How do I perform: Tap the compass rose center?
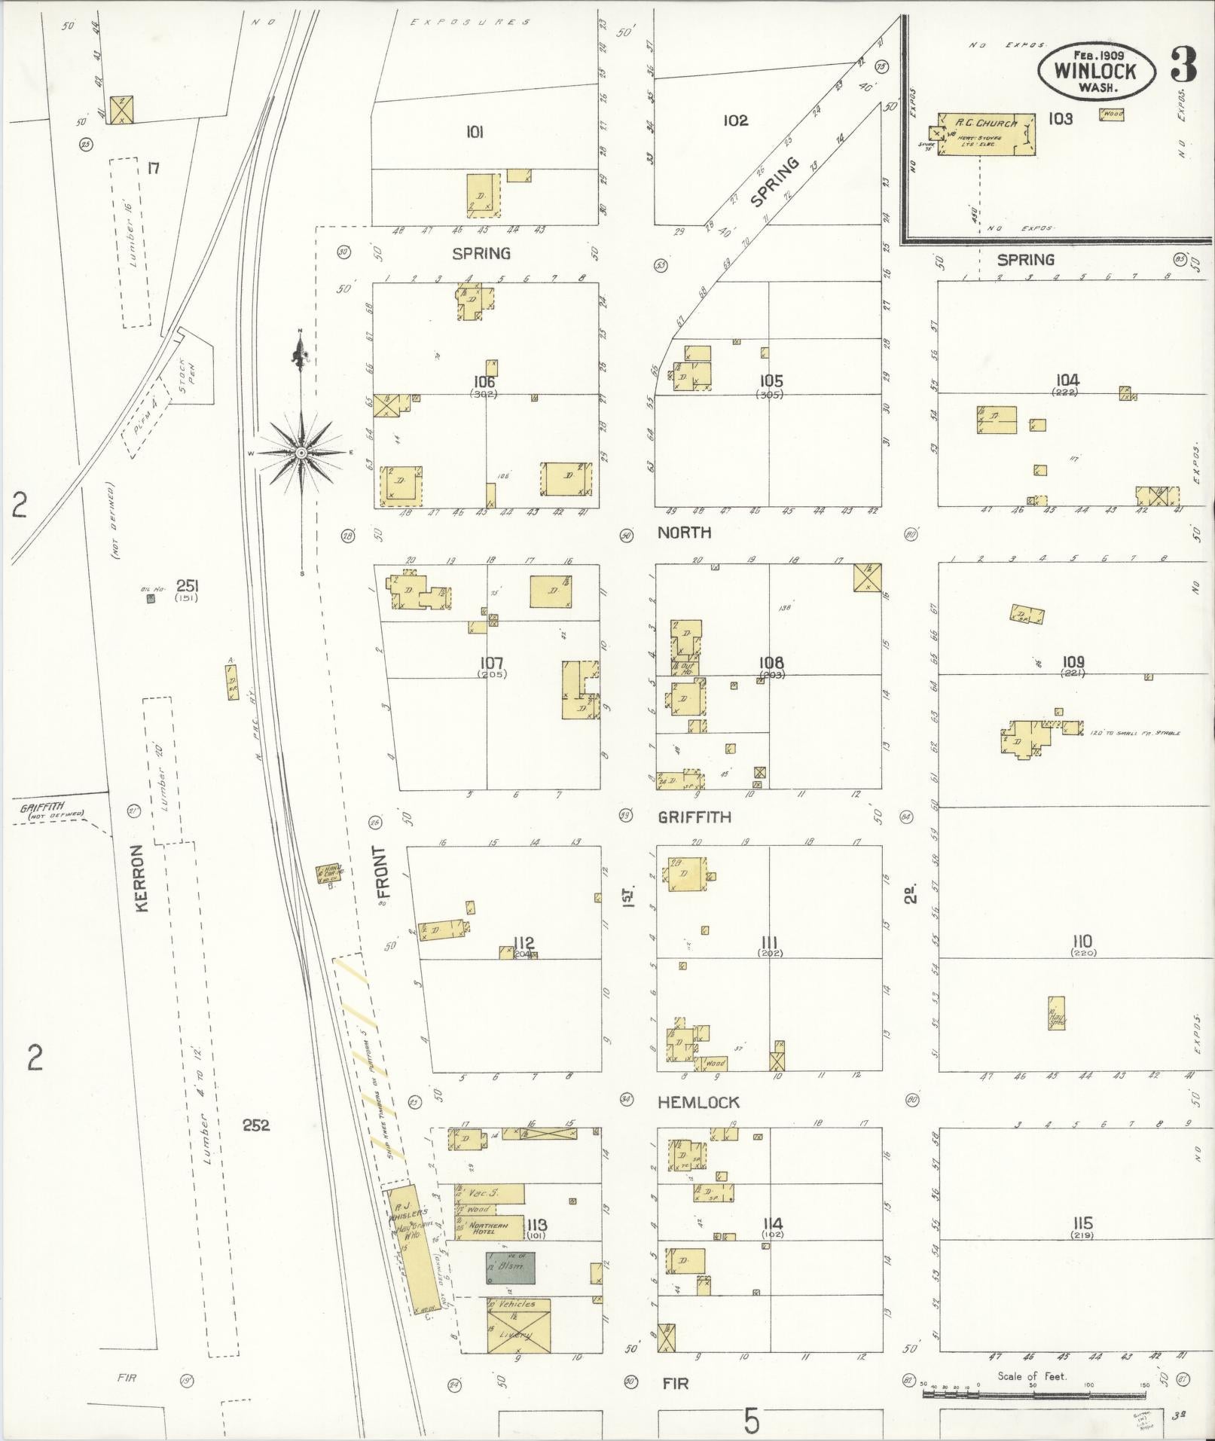point(301,453)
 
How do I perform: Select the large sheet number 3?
point(1183,66)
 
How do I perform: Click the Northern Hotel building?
point(490,1229)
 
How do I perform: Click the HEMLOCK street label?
point(698,1103)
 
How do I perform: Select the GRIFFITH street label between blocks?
point(694,817)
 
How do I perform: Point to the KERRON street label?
point(141,878)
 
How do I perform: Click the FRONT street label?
point(380,867)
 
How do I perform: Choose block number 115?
point(1082,1223)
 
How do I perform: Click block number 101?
point(474,133)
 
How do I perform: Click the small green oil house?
point(151,599)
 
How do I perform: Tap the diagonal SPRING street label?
point(774,183)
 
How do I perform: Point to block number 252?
point(256,1125)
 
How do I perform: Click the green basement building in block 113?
point(510,1268)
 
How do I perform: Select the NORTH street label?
point(684,533)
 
